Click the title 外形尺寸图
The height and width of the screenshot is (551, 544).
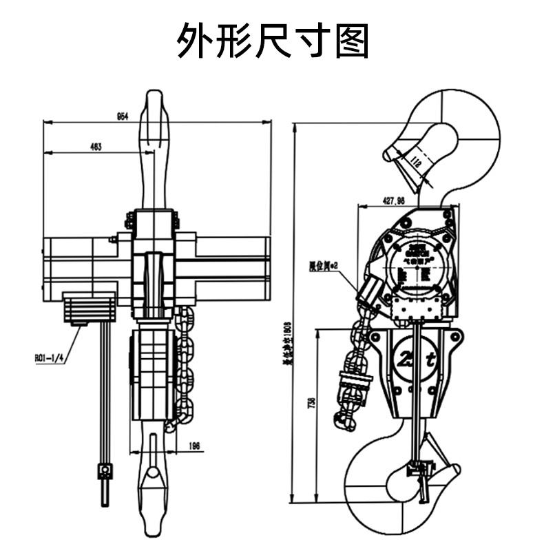tap(273, 40)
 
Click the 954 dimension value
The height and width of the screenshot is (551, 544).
tap(123, 117)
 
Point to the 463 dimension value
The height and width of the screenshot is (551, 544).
tap(96, 146)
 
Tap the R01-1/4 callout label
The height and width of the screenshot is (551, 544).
tap(50, 357)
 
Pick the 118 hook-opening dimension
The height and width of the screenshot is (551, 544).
tap(415, 163)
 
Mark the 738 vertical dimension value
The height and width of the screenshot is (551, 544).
tap(312, 401)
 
